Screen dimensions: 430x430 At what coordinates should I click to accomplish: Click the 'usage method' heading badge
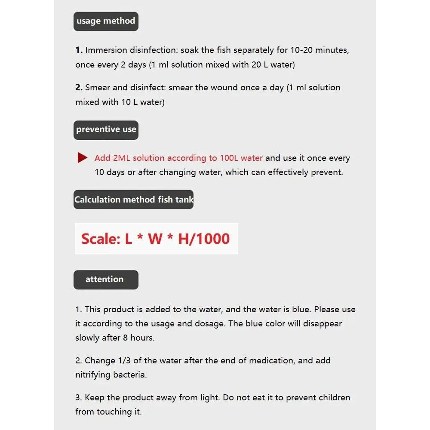106,21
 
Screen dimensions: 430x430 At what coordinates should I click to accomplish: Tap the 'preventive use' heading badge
106,129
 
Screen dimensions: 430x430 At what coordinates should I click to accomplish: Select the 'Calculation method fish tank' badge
133,200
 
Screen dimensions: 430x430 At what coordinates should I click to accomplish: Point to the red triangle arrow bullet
82,158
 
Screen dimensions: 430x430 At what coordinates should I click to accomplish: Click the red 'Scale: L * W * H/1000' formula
156,239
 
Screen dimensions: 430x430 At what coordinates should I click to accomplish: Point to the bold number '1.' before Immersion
79,50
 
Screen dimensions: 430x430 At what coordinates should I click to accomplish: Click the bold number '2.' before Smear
79,88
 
